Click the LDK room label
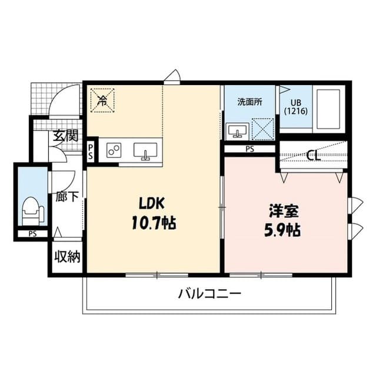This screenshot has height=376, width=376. point(155,203)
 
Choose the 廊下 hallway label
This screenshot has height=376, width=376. point(66,196)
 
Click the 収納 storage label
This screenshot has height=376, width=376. point(68,257)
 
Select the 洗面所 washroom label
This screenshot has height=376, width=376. point(249,101)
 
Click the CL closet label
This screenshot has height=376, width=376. point(314,156)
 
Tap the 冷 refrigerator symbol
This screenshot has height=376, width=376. point(102,99)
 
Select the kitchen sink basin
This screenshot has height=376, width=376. point(146,150)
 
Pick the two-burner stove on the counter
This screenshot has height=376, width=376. point(114,151)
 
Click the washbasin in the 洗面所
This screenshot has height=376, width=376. point(238,130)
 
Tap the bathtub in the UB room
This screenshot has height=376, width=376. point(328,109)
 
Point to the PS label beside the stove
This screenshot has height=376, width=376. point(91,152)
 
